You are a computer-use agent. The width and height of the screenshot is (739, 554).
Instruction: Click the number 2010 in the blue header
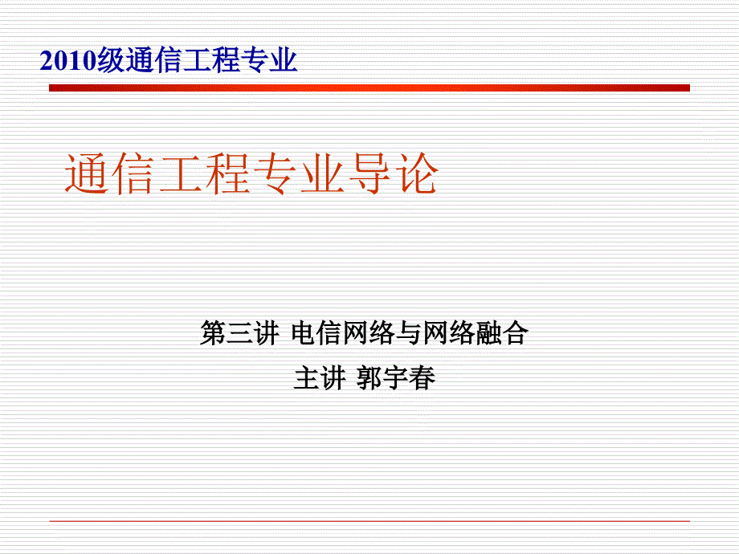[68, 61]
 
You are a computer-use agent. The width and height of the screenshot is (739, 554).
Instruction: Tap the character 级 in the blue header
[112, 61]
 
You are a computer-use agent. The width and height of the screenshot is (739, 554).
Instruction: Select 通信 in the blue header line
[153, 61]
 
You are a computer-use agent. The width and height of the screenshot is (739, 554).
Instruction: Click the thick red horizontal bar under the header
[369, 88]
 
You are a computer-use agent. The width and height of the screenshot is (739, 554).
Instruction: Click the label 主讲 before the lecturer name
[319, 378]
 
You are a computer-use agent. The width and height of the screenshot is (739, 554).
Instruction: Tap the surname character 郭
[370, 378]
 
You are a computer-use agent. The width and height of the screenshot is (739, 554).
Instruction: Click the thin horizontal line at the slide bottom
[369, 521]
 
